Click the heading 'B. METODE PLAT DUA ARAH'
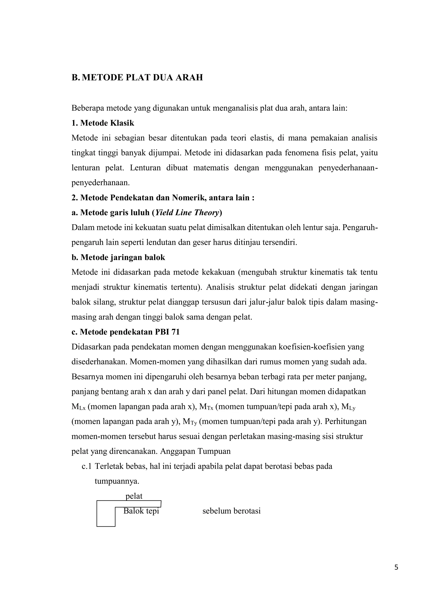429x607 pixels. click(137, 78)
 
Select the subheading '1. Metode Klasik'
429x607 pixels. click(103, 123)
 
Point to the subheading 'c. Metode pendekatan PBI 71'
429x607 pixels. click(125, 332)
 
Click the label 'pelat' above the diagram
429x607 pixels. click(134, 496)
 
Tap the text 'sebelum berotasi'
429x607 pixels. click(231, 511)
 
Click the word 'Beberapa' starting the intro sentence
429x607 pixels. click(87, 108)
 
